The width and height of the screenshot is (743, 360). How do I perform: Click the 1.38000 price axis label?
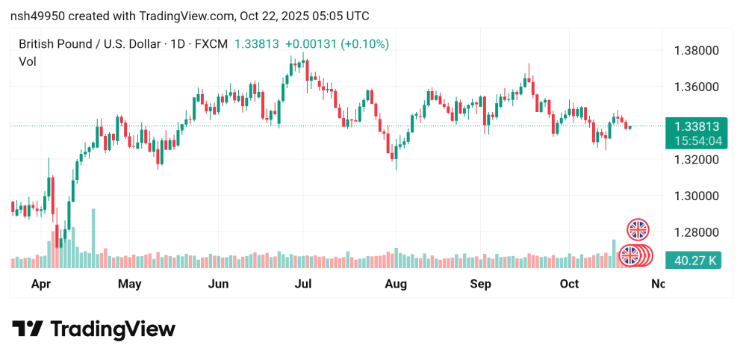697,51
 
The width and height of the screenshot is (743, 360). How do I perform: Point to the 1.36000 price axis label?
697,87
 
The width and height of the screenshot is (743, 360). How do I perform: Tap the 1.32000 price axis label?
697,159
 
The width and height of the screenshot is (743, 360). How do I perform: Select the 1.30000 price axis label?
697,196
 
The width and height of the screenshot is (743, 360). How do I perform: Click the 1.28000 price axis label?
697,232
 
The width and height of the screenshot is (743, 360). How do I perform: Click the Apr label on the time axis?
41,284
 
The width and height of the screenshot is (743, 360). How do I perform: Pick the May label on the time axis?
129,284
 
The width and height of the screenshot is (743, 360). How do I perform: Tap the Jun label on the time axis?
218,284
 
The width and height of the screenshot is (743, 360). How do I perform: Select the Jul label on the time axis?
303,284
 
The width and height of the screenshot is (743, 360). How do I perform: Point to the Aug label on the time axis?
395,284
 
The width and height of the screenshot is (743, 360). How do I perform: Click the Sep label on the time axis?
481,284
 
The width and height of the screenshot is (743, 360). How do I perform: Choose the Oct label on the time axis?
570,284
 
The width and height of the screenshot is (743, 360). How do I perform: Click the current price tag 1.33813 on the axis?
695,127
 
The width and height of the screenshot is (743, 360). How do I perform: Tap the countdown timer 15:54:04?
695,140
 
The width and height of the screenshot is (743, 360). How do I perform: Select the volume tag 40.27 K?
695,261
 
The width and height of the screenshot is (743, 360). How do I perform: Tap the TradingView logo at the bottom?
93,329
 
